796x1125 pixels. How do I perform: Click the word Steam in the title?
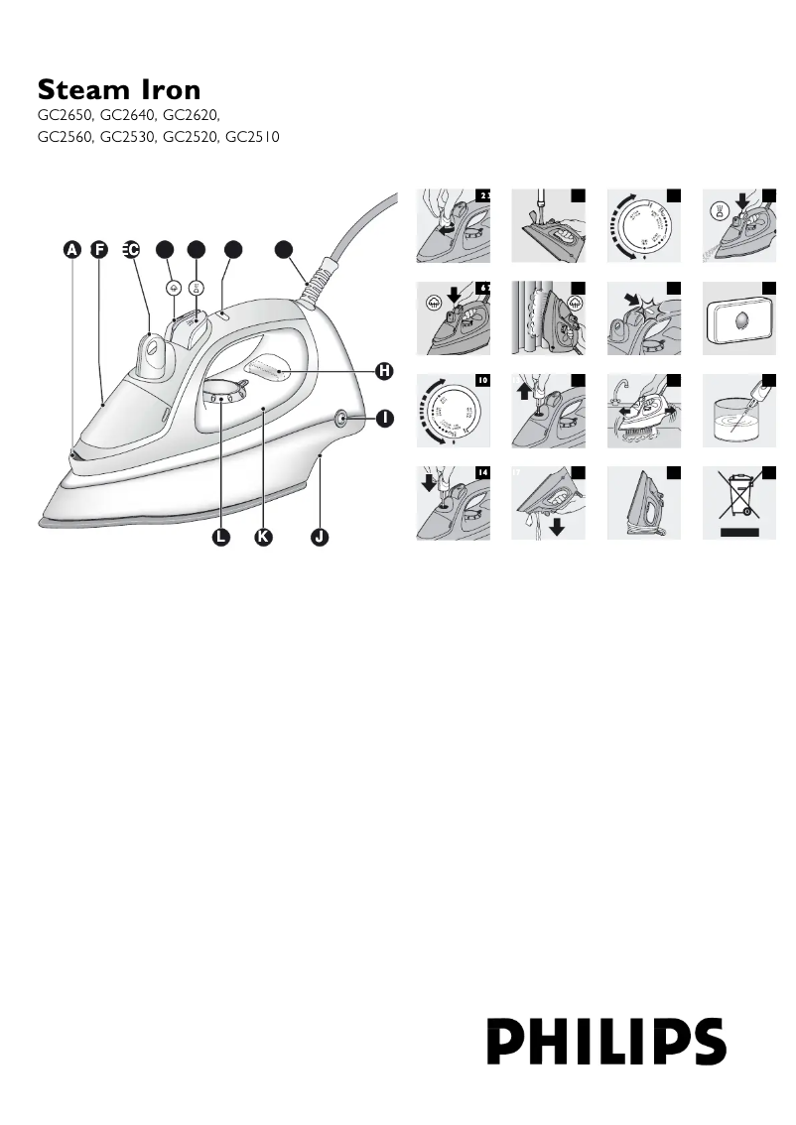80,90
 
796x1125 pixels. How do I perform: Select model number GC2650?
64,116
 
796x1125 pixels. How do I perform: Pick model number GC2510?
253,137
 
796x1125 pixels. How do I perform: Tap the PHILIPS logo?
605,1042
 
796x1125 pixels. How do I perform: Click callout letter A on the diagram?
72,251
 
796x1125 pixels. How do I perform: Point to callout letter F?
98,251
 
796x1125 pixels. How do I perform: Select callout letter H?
382,371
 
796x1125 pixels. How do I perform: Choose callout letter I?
382,419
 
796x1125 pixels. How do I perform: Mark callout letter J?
320,537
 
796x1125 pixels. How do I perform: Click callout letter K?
263,537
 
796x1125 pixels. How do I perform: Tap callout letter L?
220,537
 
